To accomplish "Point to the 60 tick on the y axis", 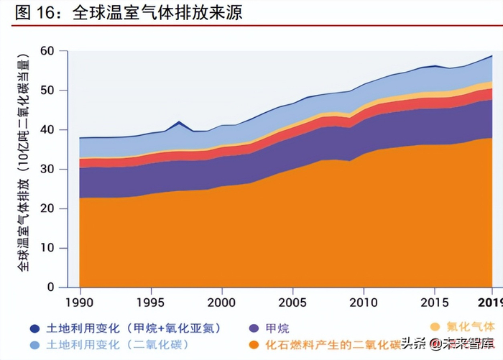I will click(x=47, y=51).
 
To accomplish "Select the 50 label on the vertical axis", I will click(x=47, y=91).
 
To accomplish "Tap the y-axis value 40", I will click(x=47, y=130).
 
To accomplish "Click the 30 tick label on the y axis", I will click(x=47, y=170).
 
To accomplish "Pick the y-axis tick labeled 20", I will click(x=47, y=209).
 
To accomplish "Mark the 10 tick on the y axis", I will click(x=47, y=249).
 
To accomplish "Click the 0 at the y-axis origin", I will click(x=51, y=287).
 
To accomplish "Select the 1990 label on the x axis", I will click(x=79, y=301).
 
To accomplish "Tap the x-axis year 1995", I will click(x=151, y=301).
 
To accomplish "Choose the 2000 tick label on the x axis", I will click(x=222, y=301).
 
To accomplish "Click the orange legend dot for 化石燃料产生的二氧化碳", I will click(x=251, y=346).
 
